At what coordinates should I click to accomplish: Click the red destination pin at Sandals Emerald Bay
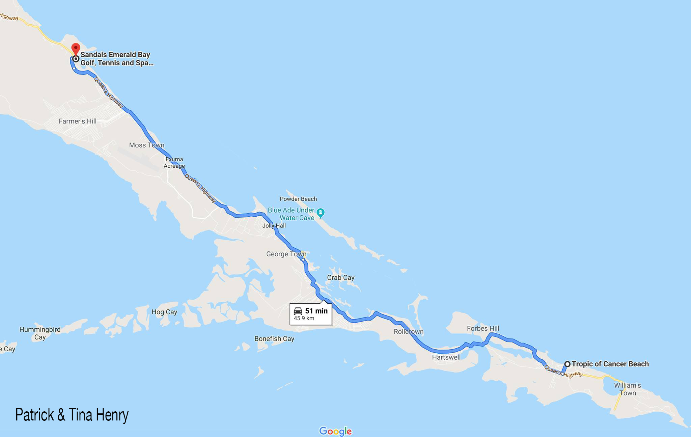(76, 48)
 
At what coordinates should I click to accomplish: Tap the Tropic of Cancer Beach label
(610, 364)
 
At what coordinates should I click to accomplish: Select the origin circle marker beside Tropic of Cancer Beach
(568, 364)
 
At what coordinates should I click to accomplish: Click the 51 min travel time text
(316, 311)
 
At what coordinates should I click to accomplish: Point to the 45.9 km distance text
(304, 318)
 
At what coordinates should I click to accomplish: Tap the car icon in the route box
(298, 311)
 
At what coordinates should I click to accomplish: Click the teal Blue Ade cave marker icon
(321, 213)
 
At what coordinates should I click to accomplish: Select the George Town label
(286, 254)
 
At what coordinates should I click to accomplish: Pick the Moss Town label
(146, 145)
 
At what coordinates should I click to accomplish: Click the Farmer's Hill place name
(78, 121)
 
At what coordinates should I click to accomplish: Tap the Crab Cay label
(340, 277)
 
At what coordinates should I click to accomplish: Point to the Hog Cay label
(164, 312)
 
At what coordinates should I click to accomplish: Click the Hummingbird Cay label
(40, 333)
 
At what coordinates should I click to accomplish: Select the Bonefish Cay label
(274, 338)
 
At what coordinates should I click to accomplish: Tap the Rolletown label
(408, 331)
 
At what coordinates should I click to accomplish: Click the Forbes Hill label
(483, 328)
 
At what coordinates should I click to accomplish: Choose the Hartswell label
(446, 357)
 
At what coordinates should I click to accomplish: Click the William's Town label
(627, 389)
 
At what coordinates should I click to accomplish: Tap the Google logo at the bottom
(335, 431)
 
